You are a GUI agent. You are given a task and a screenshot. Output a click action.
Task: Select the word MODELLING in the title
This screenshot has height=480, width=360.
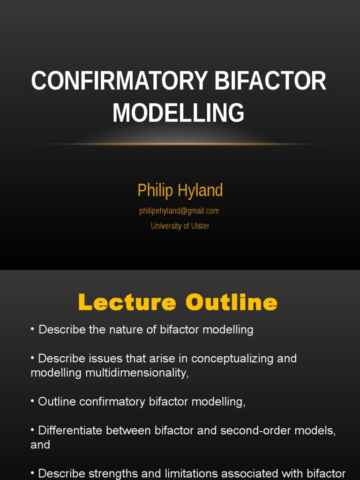click(179, 113)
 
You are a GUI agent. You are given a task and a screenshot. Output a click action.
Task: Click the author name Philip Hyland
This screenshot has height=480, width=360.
click(180, 190)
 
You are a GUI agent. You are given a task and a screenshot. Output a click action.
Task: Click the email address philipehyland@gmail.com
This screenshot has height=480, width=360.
click(179, 211)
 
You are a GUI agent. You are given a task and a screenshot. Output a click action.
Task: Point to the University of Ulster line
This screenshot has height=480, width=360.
click(180, 226)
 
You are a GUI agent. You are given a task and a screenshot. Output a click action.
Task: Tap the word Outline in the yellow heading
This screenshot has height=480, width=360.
click(232, 303)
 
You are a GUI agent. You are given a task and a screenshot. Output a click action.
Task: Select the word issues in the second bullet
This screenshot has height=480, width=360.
click(105, 359)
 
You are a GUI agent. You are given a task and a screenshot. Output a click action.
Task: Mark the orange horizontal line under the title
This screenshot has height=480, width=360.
click(180, 144)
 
